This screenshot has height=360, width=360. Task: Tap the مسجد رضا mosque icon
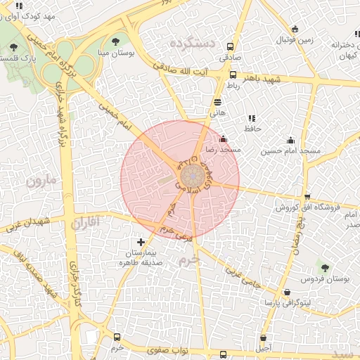tap(224, 139)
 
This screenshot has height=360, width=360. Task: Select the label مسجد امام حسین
tap(290, 151)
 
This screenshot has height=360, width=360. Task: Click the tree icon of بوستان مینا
tap(116, 41)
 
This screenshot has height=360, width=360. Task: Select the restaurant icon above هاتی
tap(217, 102)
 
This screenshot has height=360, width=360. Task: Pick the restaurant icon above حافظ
tap(251, 118)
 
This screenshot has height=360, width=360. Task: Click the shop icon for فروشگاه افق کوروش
tap(307, 197)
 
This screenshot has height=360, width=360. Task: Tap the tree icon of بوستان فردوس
tap(324, 267)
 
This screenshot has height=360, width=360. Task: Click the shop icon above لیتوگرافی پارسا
tap(286, 292)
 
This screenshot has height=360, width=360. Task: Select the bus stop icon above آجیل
tap(263, 337)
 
